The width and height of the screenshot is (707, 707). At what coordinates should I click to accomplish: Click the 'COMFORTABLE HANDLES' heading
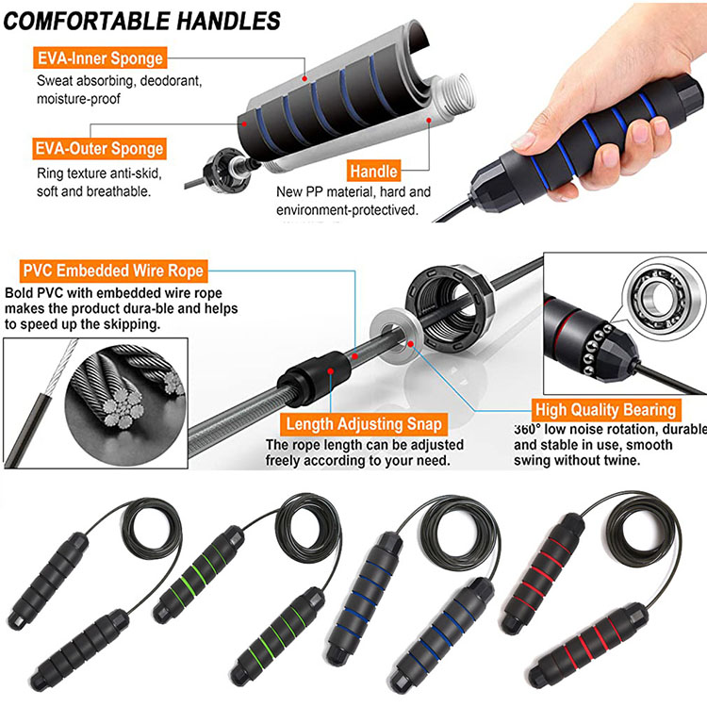click(x=141, y=21)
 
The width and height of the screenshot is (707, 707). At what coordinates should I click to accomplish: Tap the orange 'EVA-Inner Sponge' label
click(x=100, y=58)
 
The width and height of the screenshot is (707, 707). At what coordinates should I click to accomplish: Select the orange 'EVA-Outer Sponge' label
click(x=100, y=148)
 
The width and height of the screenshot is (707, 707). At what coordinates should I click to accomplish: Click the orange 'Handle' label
click(x=373, y=171)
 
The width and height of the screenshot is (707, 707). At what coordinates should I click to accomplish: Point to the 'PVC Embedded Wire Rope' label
click(x=114, y=271)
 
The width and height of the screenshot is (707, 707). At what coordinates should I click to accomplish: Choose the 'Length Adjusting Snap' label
click(x=364, y=424)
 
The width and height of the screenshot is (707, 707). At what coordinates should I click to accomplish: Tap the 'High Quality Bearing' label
click(x=605, y=410)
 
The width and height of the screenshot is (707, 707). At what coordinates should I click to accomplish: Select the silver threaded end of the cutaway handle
click(x=456, y=93)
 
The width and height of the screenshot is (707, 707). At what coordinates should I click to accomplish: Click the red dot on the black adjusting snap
click(x=331, y=371)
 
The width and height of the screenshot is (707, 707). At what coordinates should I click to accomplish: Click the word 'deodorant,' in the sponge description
click(x=171, y=81)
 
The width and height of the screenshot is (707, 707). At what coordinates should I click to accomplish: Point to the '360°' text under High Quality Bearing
click(x=528, y=429)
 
